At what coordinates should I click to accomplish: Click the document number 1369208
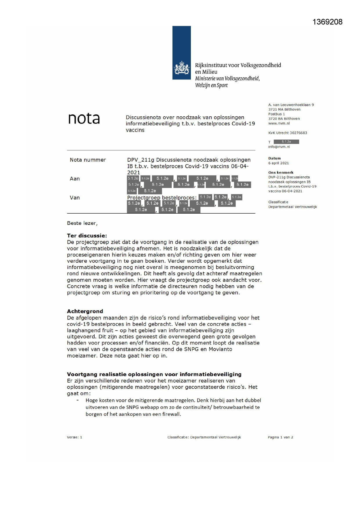pyautogui.click(x=327, y=22)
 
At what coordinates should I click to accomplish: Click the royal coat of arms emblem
pyautogui.click(x=182, y=68)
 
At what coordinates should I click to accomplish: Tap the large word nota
pyautogui.click(x=84, y=119)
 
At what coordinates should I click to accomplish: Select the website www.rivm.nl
pyautogui.click(x=279, y=123)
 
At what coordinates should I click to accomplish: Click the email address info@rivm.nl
pyautogui.click(x=279, y=147)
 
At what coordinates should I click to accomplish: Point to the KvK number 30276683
pyautogui.click(x=298, y=133)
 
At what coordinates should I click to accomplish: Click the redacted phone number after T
pyautogui.click(x=286, y=142)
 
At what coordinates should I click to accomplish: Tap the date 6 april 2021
pyautogui.click(x=278, y=163)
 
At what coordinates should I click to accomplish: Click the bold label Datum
pyautogui.click(x=274, y=158)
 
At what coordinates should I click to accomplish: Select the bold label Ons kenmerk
pyautogui.click(x=281, y=172)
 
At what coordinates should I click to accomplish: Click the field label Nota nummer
pyautogui.click(x=88, y=160)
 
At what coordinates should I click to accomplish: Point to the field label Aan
pyautogui.click(x=75, y=179)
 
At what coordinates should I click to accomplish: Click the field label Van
pyautogui.click(x=75, y=198)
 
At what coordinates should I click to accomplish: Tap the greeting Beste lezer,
pyautogui.click(x=82, y=223)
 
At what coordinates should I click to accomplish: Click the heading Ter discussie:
pyautogui.click(x=87, y=236)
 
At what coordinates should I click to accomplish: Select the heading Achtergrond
pyautogui.click(x=85, y=311)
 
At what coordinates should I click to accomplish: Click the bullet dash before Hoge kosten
pyautogui.click(x=77, y=400)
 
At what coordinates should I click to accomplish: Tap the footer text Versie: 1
pyautogui.click(x=74, y=437)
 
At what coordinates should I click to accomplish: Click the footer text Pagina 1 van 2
pyautogui.click(x=280, y=437)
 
